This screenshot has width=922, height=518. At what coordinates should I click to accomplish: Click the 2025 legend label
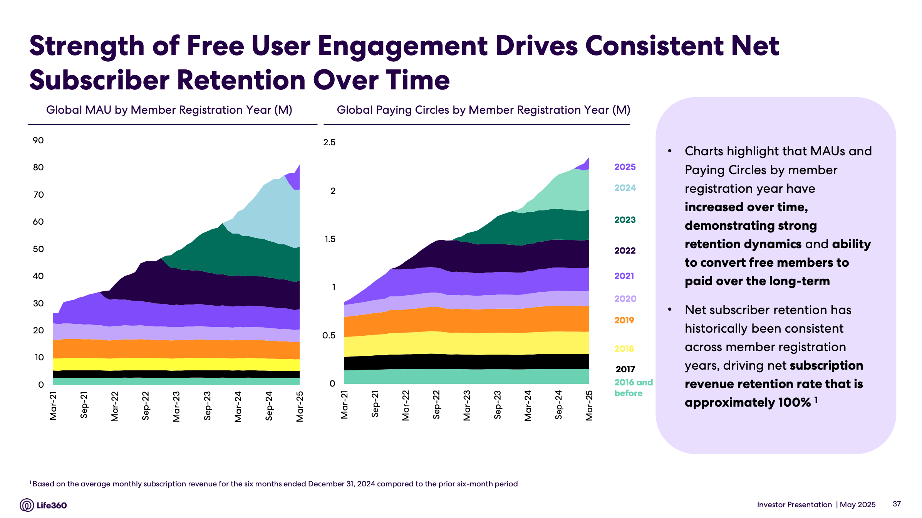click(x=625, y=167)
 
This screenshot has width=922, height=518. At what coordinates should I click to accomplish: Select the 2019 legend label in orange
click(x=624, y=320)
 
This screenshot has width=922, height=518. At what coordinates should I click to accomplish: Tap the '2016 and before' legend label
click(x=633, y=388)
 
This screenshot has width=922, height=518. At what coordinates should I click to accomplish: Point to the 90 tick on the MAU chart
click(x=38, y=140)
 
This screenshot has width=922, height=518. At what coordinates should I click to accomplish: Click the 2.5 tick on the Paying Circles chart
click(x=329, y=142)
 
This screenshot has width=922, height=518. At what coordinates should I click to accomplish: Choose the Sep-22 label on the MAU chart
click(x=146, y=406)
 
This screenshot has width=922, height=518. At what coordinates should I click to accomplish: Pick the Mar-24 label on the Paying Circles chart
click(x=528, y=406)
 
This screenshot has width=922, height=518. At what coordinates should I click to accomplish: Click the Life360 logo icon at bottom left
click(x=27, y=505)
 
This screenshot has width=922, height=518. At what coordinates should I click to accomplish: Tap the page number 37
click(x=897, y=504)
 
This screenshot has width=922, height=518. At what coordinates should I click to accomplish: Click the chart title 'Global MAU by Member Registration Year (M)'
click(x=169, y=110)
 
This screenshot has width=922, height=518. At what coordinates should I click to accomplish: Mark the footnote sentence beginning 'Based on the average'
click(x=275, y=484)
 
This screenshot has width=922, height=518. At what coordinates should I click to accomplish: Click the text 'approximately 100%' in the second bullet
click(x=747, y=402)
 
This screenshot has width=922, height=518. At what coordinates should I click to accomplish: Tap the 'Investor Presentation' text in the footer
click(x=794, y=505)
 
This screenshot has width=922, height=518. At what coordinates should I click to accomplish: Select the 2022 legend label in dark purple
click(x=625, y=251)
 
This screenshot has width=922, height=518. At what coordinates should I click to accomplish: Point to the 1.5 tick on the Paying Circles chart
click(x=330, y=239)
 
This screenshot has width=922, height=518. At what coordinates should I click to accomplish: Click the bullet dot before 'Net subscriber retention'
click(x=670, y=309)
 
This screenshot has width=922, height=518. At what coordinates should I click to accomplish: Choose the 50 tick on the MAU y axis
click(x=38, y=249)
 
